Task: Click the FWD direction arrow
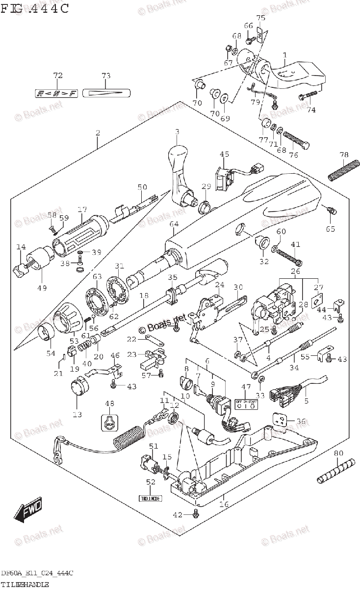click(29, 511)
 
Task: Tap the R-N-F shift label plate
click(57, 93)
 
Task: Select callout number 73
click(106, 76)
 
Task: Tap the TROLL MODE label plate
click(150, 498)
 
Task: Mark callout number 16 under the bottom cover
click(224, 504)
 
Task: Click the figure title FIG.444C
click(34, 8)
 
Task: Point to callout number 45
click(224, 155)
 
